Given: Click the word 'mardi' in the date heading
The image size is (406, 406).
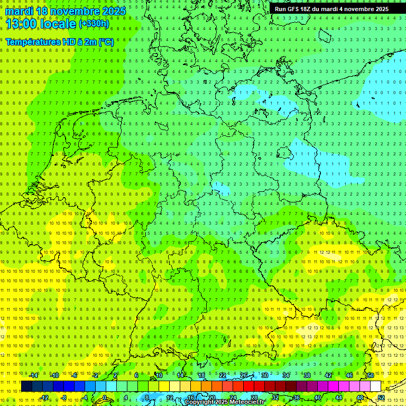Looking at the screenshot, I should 19,11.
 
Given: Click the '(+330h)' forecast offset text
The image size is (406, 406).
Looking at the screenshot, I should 94,24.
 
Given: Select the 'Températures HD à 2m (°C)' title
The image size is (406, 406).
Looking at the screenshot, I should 59,42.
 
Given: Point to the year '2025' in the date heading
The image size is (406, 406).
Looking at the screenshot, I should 113,11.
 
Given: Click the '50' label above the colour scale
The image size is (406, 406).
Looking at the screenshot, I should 371,375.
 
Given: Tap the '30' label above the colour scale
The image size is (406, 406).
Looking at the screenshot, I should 265,375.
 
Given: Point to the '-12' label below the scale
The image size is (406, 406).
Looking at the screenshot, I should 44,398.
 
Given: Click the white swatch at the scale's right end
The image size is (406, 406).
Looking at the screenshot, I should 375,386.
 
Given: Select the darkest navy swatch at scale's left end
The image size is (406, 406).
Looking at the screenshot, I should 26,386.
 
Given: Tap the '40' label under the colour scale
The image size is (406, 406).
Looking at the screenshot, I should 318,398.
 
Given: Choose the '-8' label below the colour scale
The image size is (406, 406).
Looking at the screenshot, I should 64,398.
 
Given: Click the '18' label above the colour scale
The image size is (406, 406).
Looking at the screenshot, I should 201,375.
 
